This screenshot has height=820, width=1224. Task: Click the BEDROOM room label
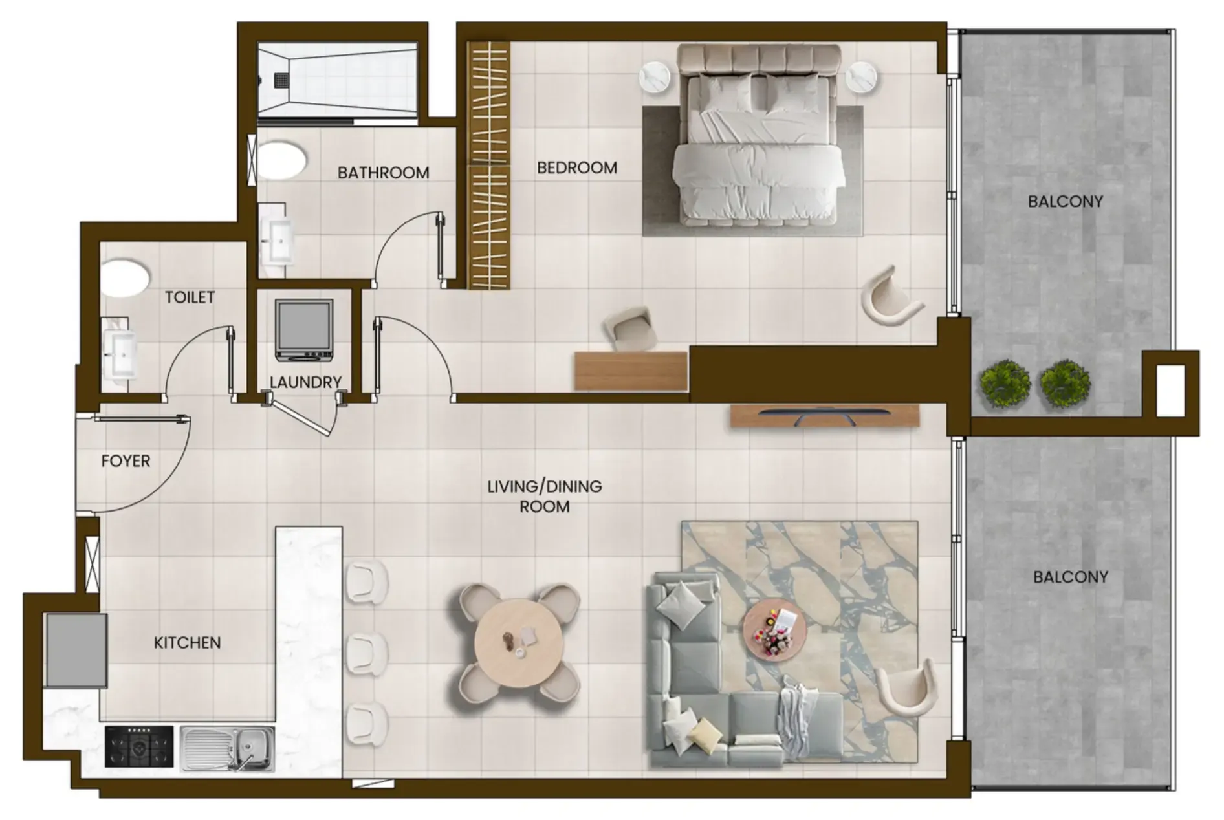pyautogui.click(x=577, y=168)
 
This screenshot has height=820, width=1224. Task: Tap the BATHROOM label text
pyautogui.click(x=383, y=173)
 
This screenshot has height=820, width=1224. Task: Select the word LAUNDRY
pyautogui.click(x=305, y=382)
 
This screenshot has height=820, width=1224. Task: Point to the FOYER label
pyautogui.click(x=126, y=461)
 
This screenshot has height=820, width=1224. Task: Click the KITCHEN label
pyautogui.click(x=187, y=643)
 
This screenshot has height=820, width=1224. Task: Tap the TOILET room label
pyautogui.click(x=190, y=297)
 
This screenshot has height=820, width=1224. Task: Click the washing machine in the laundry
pyautogui.click(x=304, y=330)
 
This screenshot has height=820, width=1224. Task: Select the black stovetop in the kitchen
pyautogui.click(x=139, y=746)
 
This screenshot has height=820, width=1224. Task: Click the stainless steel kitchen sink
pyautogui.click(x=227, y=748)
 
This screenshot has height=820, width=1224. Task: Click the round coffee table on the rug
pyautogui.click(x=774, y=627)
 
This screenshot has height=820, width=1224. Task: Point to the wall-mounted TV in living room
pyautogui.click(x=825, y=416)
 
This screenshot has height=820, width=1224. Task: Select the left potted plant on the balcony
pyautogui.click(x=1004, y=384)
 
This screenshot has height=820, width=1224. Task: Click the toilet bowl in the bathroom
pyautogui.click(x=281, y=161)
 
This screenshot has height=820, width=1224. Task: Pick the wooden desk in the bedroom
pyautogui.click(x=631, y=371)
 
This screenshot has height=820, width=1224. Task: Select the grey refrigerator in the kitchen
pyautogui.click(x=76, y=650)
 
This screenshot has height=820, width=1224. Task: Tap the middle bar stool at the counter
pyautogui.click(x=366, y=653)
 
